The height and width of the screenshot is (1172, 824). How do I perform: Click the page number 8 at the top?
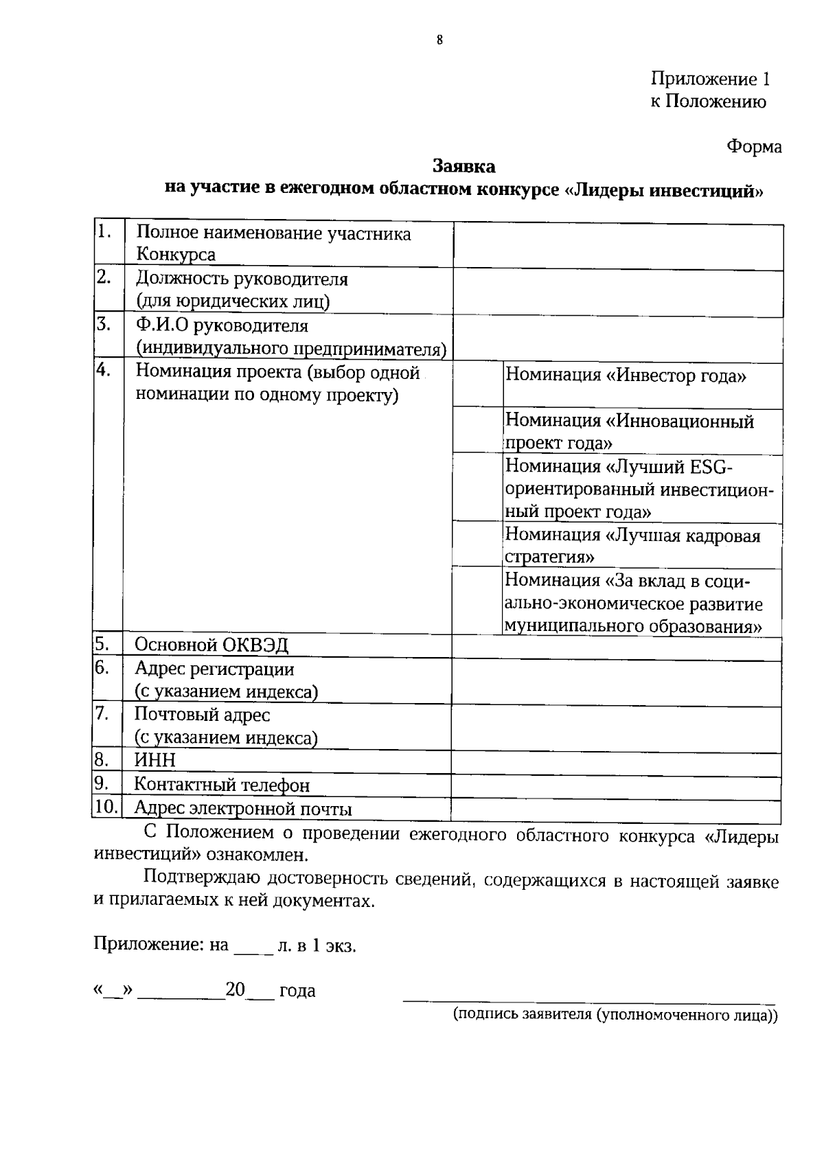[x=439, y=40]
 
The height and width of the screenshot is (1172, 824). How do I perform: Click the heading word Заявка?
[x=463, y=166]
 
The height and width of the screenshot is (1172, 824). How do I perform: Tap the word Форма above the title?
[x=754, y=146]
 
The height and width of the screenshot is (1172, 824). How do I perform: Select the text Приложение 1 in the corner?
[x=710, y=79]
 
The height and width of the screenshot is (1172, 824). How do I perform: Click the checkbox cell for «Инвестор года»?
[x=478, y=384]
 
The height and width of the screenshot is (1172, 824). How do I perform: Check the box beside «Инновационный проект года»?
[x=478, y=430]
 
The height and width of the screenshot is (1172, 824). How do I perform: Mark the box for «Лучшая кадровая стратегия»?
[x=478, y=544]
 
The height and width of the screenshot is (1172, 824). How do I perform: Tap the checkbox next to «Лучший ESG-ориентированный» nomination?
[x=478, y=487]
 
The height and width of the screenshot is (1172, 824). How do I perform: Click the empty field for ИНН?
[x=616, y=764]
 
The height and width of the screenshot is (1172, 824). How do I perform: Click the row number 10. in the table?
[x=106, y=807]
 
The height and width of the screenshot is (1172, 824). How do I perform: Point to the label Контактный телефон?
[x=222, y=785]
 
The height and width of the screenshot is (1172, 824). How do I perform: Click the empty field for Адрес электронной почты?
[x=616, y=809]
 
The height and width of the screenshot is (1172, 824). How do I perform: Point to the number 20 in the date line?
[x=236, y=989]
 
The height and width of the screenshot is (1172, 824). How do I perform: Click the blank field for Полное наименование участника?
[x=618, y=246]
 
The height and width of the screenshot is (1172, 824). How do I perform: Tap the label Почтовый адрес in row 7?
[x=203, y=715]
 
